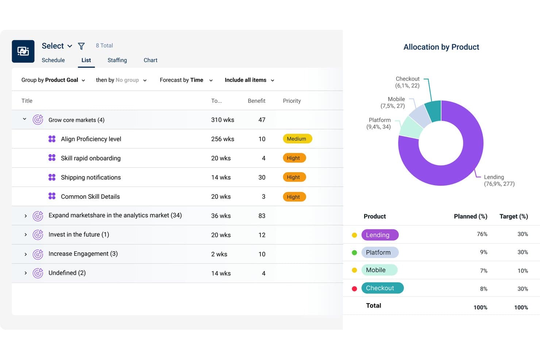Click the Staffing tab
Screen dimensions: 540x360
click(x=117, y=60)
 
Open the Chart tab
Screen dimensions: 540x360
click(x=150, y=60)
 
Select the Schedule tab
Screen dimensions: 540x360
click(x=53, y=60)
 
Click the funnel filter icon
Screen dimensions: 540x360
click(x=81, y=46)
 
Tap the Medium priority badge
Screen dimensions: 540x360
click(x=297, y=139)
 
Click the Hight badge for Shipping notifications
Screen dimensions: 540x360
click(x=294, y=177)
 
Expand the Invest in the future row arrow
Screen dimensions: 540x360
click(x=26, y=235)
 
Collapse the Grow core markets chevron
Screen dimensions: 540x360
click(x=24, y=119)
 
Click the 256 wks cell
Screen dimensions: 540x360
click(x=223, y=139)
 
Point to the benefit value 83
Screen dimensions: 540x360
click(x=262, y=216)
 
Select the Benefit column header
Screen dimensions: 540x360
click(x=256, y=101)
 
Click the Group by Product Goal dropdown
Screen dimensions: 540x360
click(x=53, y=80)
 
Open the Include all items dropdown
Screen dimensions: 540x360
click(x=249, y=80)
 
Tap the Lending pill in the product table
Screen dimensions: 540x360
click(x=380, y=235)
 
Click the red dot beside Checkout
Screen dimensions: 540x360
click(x=354, y=289)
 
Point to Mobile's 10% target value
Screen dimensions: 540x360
click(x=522, y=271)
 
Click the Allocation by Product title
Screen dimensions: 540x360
click(x=441, y=47)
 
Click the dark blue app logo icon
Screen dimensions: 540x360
click(x=23, y=51)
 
